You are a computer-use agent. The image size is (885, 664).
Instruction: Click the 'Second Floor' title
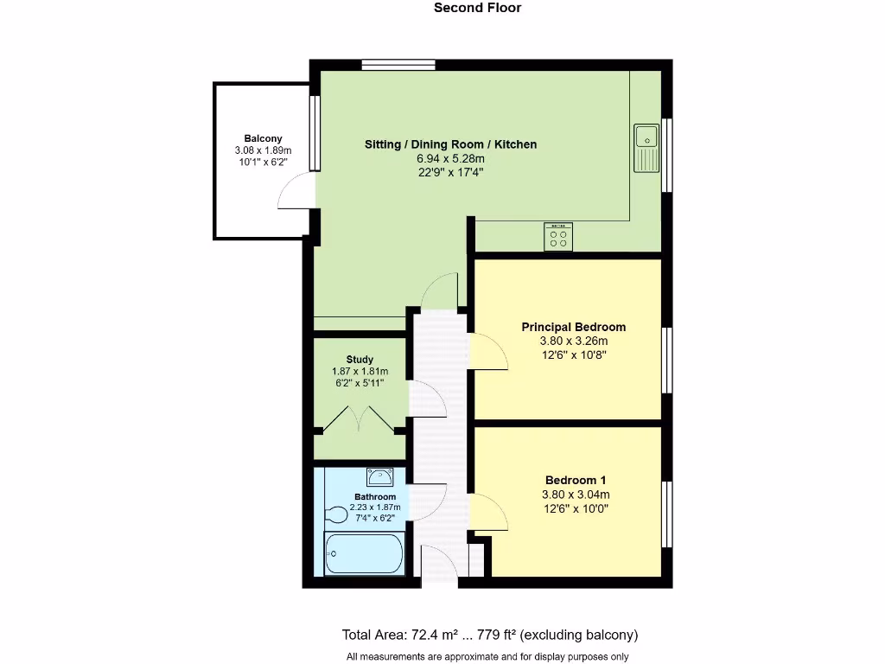tap(477, 8)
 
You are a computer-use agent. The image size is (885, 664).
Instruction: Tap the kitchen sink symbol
tap(646, 148)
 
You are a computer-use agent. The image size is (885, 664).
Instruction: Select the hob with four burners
tap(558, 237)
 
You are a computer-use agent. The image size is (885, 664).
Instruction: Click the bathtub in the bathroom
tap(364, 554)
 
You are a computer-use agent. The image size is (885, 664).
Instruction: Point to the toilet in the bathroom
tap(337, 515)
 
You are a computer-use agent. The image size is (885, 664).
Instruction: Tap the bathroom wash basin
tap(379, 477)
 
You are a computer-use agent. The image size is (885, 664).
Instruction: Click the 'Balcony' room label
tap(263, 138)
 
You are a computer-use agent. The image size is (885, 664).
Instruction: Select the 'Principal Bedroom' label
tap(573, 327)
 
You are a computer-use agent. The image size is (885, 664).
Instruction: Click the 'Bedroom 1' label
tap(574, 481)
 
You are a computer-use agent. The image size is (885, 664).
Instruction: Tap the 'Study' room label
tap(360, 360)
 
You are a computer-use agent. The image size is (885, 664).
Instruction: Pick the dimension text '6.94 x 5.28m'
tap(450, 158)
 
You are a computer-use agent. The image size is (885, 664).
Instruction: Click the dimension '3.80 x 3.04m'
tap(574, 495)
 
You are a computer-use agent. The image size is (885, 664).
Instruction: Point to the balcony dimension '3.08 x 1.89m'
tap(263, 150)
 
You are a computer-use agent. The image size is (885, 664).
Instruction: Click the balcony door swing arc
tap(294, 192)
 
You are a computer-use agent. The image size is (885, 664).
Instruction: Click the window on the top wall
tap(398, 64)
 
